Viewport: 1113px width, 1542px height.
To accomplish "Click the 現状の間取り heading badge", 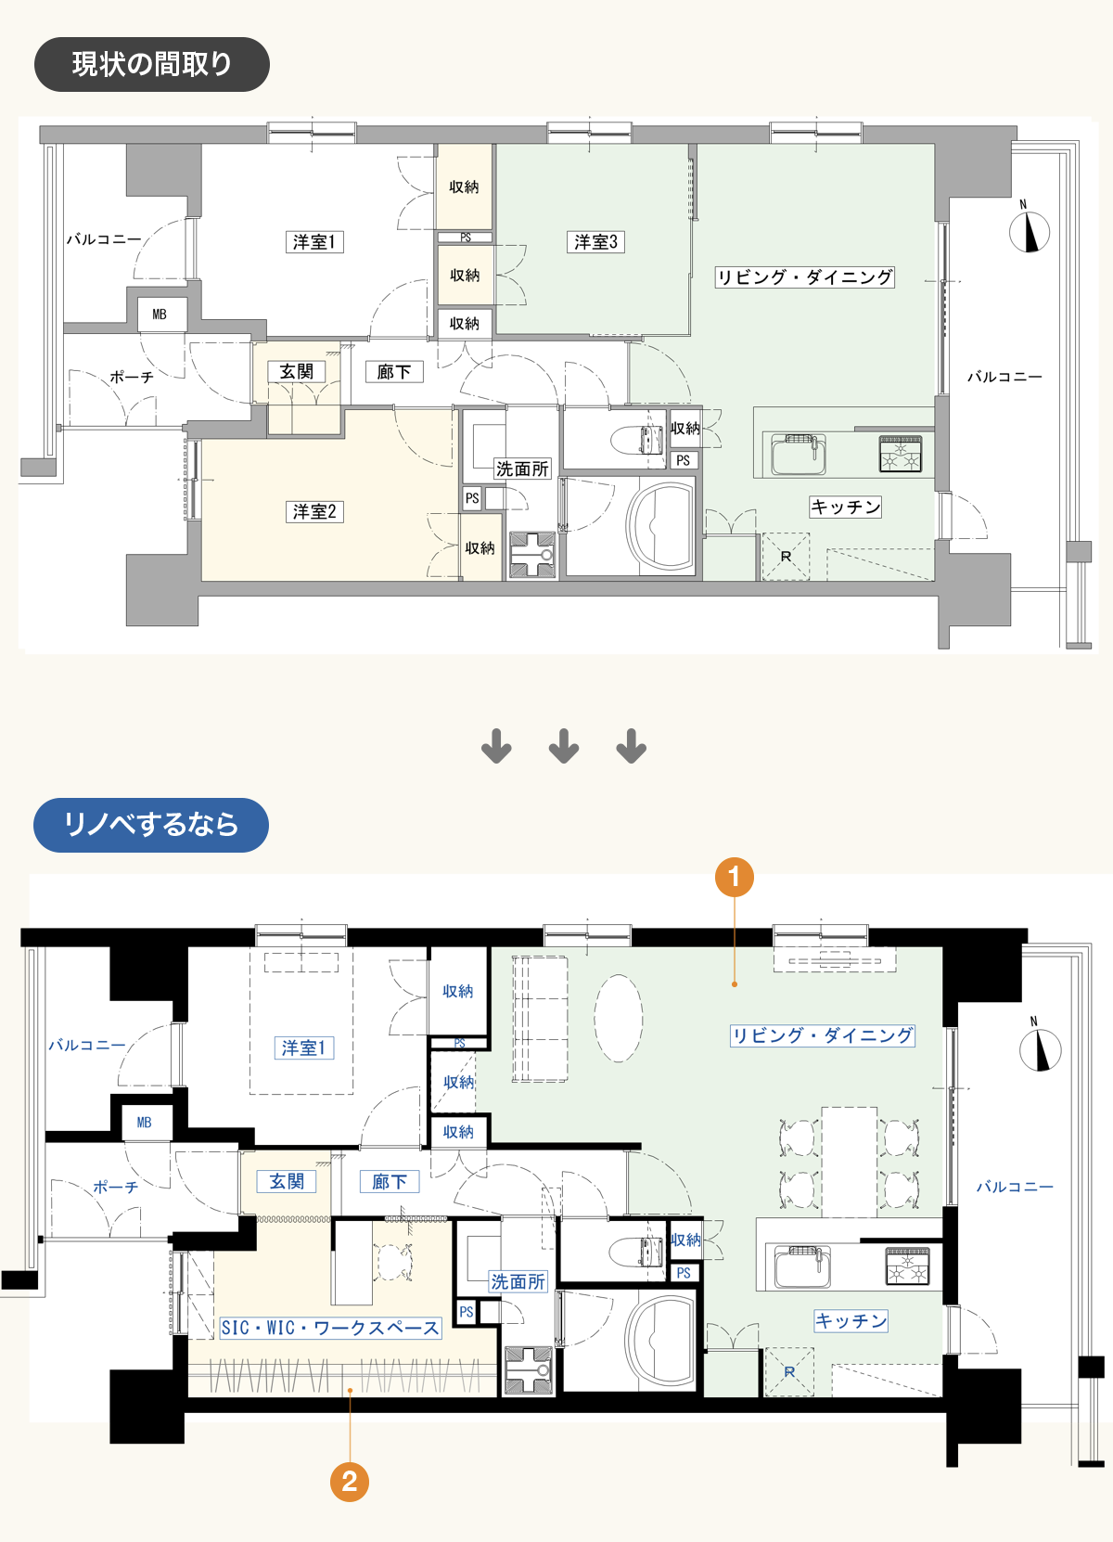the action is (151, 64).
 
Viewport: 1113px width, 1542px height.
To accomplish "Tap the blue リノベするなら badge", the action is (151, 825).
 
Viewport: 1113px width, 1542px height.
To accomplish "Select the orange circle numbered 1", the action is (735, 877).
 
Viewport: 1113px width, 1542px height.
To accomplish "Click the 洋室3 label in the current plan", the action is (596, 241).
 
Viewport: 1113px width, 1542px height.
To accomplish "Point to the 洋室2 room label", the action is (313, 511).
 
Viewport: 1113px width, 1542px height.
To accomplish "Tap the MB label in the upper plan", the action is (160, 315).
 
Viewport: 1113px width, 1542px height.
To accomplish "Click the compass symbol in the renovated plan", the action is (1040, 1047).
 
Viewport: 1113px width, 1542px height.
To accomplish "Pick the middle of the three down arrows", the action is (564, 746).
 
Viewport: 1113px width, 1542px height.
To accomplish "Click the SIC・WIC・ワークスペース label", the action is (330, 1328).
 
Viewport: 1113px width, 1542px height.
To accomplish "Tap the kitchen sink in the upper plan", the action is (799, 455).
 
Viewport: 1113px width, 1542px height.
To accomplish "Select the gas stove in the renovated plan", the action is (907, 1266).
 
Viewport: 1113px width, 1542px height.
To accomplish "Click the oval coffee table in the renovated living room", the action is (618, 1018).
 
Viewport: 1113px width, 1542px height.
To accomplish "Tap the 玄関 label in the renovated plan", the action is (287, 1181).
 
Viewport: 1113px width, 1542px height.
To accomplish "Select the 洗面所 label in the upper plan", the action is (522, 469).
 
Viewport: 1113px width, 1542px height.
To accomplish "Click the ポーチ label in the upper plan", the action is (132, 378).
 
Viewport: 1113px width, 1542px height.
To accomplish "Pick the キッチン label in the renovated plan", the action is (851, 1320).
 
